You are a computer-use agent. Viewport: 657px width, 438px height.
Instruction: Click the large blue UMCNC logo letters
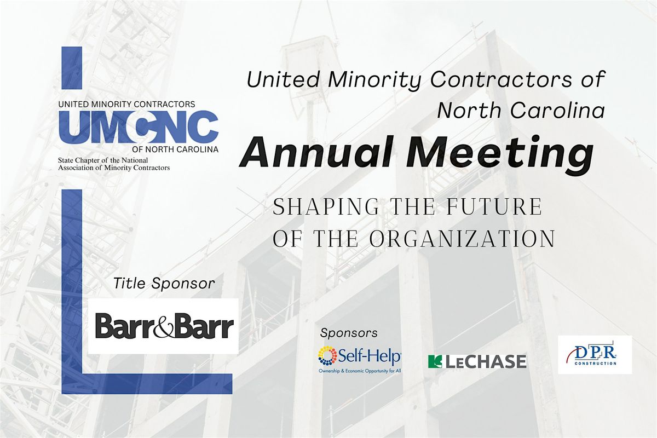139,126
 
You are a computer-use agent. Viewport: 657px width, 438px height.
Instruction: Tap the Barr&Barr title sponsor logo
164,326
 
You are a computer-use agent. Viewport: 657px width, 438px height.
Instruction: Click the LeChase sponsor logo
477,361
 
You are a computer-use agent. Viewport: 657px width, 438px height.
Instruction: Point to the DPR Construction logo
595,355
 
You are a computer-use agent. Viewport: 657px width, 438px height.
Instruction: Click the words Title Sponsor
164,284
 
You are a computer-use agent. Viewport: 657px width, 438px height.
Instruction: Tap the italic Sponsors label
349,333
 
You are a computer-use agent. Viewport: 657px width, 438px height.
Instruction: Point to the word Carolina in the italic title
558,111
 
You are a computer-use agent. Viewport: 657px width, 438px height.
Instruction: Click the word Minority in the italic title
374,80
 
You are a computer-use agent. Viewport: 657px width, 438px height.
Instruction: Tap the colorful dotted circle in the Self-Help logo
327,356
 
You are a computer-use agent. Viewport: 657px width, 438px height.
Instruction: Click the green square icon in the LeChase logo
435,361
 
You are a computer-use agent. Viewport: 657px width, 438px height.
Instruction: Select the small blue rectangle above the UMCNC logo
72,68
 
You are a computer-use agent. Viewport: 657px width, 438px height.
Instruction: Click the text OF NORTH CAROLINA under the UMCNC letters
175,149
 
